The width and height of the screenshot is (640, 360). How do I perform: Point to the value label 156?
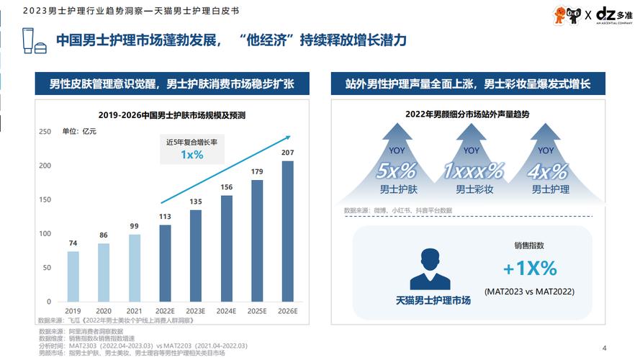click(x=226, y=188)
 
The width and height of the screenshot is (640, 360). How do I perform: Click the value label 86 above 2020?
click(x=104, y=235)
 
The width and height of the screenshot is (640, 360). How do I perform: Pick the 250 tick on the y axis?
click(x=45, y=132)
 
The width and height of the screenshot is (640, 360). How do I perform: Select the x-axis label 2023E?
click(x=196, y=311)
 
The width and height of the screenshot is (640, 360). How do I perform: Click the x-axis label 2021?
click(x=134, y=311)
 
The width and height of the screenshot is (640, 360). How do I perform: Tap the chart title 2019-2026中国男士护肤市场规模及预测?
click(x=172, y=115)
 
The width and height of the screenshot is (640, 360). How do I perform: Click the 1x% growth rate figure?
click(x=191, y=155)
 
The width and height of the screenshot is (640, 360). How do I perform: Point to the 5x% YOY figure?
click(x=396, y=171)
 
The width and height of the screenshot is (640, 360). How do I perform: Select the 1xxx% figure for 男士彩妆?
click(x=472, y=171)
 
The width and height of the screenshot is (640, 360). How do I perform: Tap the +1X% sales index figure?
click(x=530, y=269)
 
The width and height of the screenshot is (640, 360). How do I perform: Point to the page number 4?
click(x=603, y=345)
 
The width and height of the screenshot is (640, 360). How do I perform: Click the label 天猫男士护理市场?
click(x=433, y=300)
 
